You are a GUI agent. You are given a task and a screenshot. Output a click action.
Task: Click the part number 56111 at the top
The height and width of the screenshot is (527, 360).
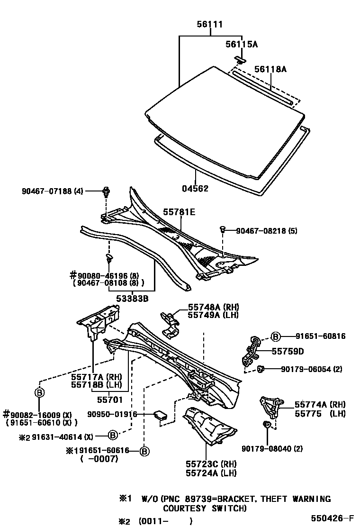point(210,25)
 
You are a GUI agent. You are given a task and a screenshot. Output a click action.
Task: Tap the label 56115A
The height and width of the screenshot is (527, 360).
point(241,44)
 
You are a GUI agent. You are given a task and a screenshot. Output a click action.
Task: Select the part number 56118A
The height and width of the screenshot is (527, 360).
point(270,69)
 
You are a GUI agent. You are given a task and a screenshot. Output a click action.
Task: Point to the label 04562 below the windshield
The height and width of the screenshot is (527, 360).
point(195,188)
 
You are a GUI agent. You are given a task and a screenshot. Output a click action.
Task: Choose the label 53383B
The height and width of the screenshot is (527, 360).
point(133,298)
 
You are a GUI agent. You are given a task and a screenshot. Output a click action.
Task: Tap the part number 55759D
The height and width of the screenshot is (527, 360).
point(288,352)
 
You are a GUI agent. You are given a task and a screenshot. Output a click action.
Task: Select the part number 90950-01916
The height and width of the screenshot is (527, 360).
point(112,414)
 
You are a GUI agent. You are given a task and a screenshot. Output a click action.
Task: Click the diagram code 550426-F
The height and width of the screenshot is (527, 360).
point(332,518)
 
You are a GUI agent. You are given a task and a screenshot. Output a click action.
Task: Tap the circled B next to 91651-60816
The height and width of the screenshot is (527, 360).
point(276,336)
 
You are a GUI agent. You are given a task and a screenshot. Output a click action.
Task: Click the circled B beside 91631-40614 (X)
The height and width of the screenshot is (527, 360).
point(112,435)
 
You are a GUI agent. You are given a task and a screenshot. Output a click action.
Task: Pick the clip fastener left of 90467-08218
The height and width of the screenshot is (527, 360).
point(222,230)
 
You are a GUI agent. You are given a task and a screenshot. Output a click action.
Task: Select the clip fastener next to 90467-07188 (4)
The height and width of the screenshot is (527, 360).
point(107,192)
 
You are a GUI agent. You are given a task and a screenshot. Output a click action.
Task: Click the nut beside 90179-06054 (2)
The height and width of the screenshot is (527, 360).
point(261,369)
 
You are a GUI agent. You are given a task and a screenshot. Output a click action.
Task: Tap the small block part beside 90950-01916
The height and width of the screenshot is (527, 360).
point(161,416)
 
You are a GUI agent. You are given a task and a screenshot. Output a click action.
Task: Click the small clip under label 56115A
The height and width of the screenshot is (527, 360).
point(241,60)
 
